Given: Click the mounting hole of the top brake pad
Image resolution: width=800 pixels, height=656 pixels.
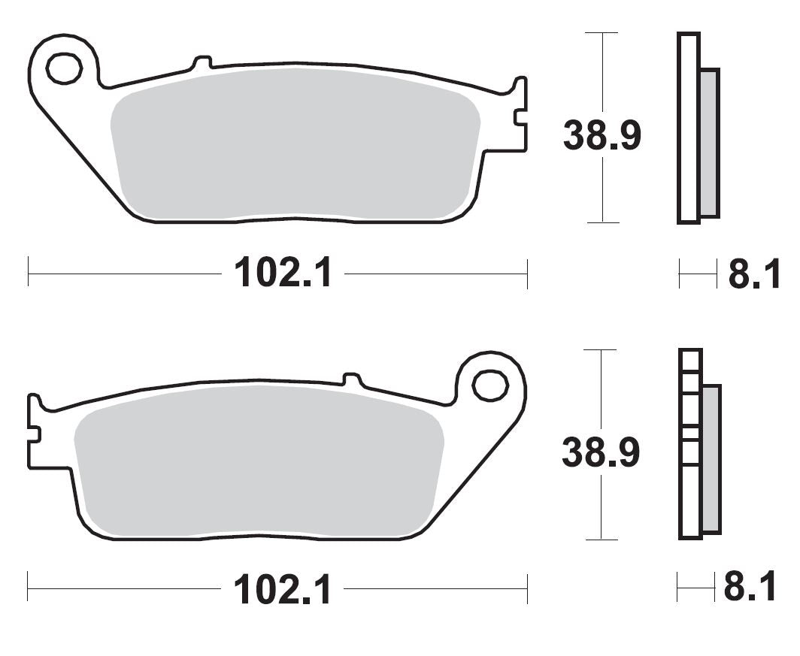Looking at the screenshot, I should coord(63,68).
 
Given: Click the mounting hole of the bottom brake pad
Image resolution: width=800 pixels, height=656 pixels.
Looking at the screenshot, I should coord(489,385).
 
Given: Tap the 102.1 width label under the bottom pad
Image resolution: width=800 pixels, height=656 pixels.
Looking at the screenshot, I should coord(283,589).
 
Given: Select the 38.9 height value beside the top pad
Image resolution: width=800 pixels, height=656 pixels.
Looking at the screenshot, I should coord(602,136).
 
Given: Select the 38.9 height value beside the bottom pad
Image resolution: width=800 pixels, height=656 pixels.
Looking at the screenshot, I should coord(601,453).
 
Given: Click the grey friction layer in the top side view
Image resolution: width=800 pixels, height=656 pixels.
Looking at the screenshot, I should coord(709,143).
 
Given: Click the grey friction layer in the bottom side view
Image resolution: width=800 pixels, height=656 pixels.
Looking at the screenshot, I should coord(711,458).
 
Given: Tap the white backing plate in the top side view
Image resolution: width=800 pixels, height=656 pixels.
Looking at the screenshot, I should coord(688,128).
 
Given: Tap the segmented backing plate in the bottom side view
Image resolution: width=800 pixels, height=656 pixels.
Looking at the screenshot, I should coord(689,443).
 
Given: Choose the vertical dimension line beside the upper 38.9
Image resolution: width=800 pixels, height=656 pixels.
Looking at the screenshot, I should coord(602,75).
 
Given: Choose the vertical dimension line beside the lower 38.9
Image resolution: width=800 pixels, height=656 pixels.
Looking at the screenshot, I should coord(601,391).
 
